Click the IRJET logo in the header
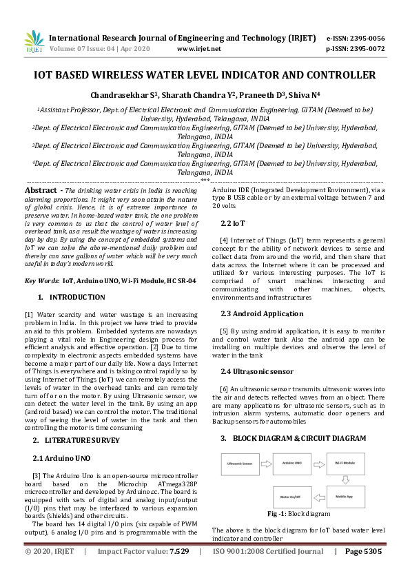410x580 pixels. [34, 43]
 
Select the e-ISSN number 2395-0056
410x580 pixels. [366, 38]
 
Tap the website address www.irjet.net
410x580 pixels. [198, 49]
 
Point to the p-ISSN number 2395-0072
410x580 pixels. [366, 49]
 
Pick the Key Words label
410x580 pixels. [41, 281]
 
